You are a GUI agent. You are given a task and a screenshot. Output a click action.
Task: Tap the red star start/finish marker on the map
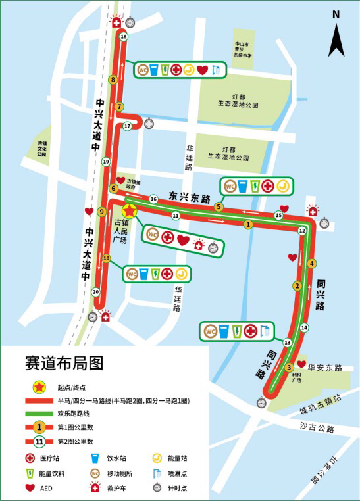pos(130,210)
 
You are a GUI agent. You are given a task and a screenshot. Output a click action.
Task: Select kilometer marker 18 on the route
pos(124,37)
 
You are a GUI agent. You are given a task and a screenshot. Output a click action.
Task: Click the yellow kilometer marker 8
pos(113,80)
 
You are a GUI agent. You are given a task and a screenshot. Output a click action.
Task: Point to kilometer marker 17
pos(127,126)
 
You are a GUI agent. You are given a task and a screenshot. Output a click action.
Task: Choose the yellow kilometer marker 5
pos(219,206)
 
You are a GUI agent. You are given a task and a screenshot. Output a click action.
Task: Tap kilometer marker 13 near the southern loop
pos(288,343)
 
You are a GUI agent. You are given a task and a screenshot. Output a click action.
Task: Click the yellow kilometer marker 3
pos(289,368)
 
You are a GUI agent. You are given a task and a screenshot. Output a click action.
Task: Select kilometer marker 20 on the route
pos(96,292)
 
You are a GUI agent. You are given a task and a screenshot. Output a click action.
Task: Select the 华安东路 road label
pos(325,368)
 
